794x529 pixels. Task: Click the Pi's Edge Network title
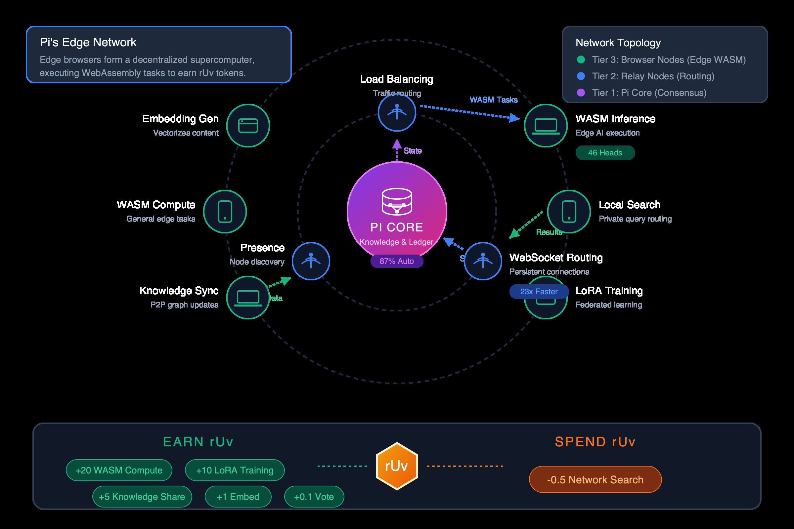[x=88, y=43]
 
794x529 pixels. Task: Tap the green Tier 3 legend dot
[x=581, y=60]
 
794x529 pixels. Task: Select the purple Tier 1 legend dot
[x=581, y=93]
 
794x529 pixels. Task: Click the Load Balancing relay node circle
[x=397, y=112]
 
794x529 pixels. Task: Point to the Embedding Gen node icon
[x=248, y=126]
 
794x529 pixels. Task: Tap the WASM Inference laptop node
[x=546, y=126]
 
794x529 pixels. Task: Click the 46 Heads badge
[x=605, y=153]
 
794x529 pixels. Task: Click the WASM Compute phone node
[x=225, y=212]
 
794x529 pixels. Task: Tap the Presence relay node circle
[x=311, y=261]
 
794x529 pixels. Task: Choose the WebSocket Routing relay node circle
[x=483, y=261]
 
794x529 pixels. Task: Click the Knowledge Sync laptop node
[x=248, y=298]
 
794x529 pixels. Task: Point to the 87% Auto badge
[x=397, y=261]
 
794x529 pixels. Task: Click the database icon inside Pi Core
[x=397, y=201]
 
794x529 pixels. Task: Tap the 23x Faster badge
[x=539, y=292]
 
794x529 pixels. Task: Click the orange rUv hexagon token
[x=397, y=466]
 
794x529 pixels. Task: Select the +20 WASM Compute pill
[x=119, y=470]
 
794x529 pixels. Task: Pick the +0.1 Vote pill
[x=314, y=497]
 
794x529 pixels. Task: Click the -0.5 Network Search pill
[x=595, y=479]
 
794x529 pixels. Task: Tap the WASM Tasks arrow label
[x=493, y=100]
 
